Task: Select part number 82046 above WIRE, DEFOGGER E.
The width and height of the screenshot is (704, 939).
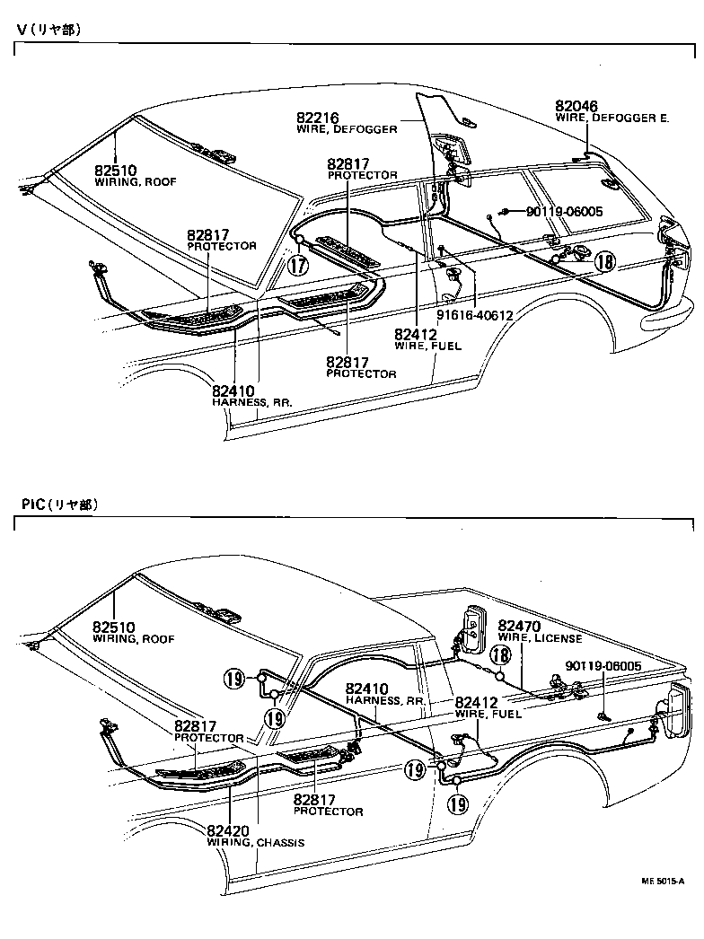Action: click(x=576, y=106)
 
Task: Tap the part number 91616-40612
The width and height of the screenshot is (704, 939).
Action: click(x=475, y=315)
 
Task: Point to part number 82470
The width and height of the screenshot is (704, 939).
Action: click(x=519, y=626)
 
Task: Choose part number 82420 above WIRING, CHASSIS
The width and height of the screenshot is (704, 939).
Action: click(x=228, y=830)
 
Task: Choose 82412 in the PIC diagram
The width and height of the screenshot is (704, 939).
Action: click(x=477, y=701)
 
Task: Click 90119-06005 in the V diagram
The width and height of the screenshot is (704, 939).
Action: click(x=564, y=212)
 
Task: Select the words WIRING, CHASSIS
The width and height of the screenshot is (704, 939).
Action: click(x=256, y=843)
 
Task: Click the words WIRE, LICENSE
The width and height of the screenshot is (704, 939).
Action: click(x=540, y=638)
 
